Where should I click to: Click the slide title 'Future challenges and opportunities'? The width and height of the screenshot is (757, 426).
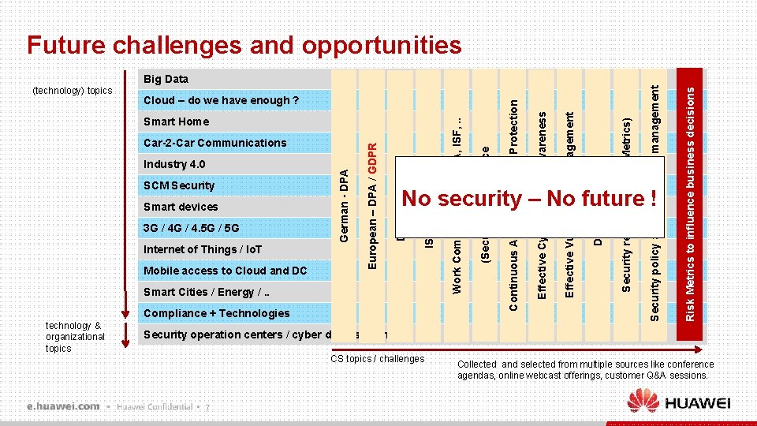coord(244,45)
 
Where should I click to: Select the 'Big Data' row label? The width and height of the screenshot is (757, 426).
coord(166,79)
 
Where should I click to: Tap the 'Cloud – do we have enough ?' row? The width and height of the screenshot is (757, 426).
coord(221,100)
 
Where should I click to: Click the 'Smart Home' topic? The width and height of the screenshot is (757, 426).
coord(176,121)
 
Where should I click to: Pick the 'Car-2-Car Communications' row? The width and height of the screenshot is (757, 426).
coord(214,143)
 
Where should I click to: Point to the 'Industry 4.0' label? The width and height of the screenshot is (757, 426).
coord(174,164)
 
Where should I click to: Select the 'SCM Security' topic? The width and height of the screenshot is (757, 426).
coord(179,185)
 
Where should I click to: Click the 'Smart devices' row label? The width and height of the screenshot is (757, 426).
coord(181,207)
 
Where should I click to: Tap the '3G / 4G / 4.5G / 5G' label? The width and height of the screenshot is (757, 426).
coord(191,228)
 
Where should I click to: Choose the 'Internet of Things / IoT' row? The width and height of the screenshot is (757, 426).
coord(203,249)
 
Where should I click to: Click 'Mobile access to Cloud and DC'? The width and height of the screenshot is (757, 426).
coord(225,271)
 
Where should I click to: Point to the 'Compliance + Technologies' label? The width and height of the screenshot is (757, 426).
coord(216,313)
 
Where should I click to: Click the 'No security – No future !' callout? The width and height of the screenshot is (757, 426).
coord(529,198)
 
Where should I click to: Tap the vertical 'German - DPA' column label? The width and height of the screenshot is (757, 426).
coord(345,201)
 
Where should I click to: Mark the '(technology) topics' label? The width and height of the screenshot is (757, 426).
coord(73,91)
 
